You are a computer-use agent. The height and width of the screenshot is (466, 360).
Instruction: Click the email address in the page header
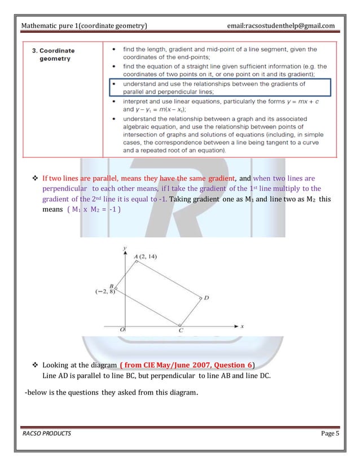(x=280, y=25)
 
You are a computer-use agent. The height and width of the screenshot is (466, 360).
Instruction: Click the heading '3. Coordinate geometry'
(x=53, y=54)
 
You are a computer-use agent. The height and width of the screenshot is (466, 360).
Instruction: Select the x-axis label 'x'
(x=242, y=326)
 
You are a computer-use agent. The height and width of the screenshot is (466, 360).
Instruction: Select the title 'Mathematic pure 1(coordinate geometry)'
(x=84, y=25)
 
